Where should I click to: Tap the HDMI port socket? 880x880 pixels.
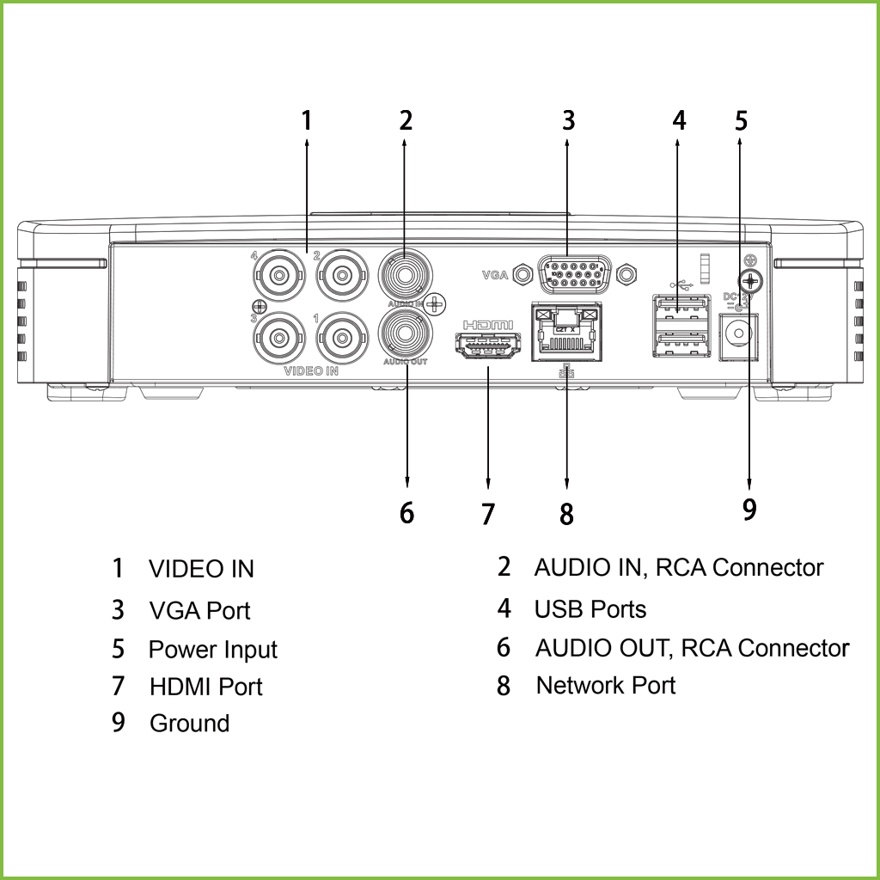488,348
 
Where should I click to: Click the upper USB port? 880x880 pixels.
681,308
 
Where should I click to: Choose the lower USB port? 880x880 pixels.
681,343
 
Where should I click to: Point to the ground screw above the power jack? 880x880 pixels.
750,280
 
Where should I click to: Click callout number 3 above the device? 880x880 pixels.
567,120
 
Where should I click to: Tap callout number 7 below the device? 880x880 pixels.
488,514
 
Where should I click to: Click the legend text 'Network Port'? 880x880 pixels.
605,686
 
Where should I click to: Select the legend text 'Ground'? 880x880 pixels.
189,724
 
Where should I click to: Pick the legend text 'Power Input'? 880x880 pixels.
213,650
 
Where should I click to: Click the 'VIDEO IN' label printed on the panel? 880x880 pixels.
311,372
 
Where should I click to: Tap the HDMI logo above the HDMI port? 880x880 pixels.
488,326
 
